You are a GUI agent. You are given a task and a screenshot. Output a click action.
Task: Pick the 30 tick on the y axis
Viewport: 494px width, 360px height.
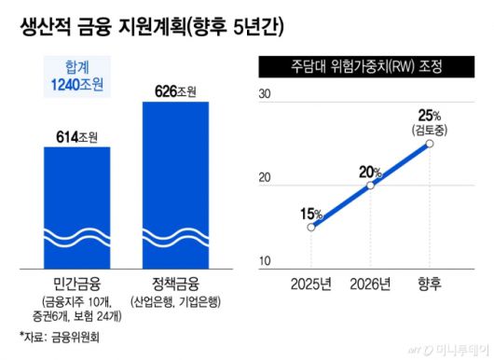click(x=264, y=94)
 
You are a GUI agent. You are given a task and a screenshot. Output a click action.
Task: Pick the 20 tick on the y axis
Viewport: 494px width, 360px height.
click(x=264, y=178)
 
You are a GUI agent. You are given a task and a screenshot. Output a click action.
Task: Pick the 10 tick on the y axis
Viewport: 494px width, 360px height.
click(x=264, y=260)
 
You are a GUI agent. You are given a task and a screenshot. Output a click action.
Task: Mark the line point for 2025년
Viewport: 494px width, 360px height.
click(x=311, y=227)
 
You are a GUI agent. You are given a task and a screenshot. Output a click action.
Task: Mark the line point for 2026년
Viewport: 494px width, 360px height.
click(x=370, y=185)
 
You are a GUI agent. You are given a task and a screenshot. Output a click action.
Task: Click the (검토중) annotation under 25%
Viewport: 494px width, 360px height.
click(x=430, y=130)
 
